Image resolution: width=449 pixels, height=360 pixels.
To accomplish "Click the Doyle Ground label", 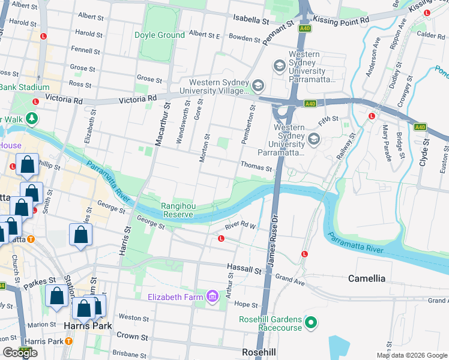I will pyautogui.click(x=159, y=35).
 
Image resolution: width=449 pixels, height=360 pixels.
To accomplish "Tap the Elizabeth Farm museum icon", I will pyautogui.click(x=212, y=296).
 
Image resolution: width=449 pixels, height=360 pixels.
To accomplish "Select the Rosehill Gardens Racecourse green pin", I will pyautogui.click(x=310, y=323).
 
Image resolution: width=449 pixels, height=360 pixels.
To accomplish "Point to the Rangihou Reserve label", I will pyautogui.click(x=177, y=210).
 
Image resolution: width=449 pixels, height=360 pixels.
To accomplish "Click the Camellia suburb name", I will pyautogui.click(x=367, y=278).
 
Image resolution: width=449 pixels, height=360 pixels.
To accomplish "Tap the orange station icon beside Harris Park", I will pyautogui.click(x=68, y=341).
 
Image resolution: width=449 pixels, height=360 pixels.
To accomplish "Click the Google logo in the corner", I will pyautogui.click(x=20, y=353).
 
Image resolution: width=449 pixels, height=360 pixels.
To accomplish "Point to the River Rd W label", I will pyautogui.click(x=240, y=226).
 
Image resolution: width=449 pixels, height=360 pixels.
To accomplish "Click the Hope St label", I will pyautogui.click(x=246, y=304).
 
